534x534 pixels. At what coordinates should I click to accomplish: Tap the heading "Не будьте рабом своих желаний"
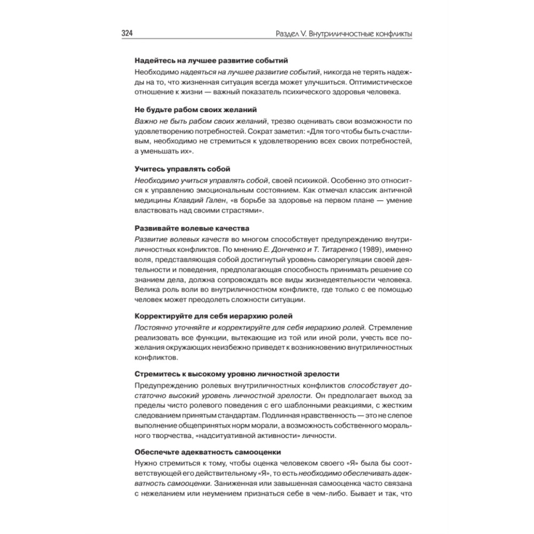[x=188, y=110]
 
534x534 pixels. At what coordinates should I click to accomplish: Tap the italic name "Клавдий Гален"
[x=198, y=201]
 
